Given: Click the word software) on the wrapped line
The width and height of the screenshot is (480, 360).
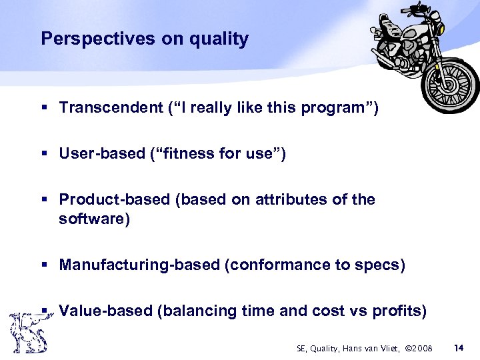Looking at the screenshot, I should click(94, 219).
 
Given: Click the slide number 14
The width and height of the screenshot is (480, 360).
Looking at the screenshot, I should click(459, 347).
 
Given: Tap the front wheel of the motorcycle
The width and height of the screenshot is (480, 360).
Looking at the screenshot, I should click(453, 85).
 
